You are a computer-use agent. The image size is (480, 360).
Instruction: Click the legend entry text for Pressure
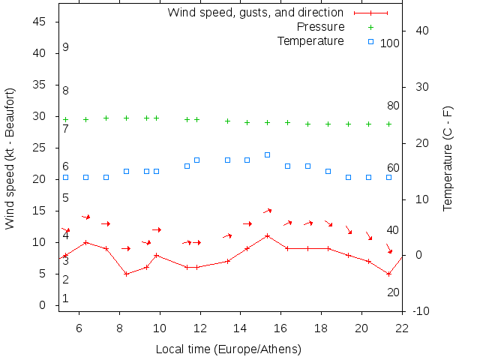[320, 27]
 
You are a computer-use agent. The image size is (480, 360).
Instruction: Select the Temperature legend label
[310, 40]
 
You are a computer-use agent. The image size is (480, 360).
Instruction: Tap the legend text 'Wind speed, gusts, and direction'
[255, 13]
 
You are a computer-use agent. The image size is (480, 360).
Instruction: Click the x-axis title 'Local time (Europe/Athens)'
[228, 349]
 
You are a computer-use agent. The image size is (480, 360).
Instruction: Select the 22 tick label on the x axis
[403, 327]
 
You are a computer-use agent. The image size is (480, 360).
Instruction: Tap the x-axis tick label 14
[241, 327]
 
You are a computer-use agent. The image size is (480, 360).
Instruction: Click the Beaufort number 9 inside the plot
[66, 47]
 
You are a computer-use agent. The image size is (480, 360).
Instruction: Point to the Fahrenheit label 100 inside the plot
[390, 43]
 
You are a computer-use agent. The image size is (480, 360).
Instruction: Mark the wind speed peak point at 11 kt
[267, 235]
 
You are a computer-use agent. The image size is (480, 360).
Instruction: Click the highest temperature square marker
[267, 154]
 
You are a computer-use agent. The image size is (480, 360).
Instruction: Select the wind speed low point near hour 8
[126, 274]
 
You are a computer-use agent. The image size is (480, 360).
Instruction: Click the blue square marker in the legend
[370, 41]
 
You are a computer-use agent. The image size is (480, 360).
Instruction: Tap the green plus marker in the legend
[370, 27]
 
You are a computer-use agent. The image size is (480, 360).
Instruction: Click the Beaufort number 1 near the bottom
[66, 298]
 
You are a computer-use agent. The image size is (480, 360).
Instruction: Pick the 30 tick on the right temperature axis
[417, 86]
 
